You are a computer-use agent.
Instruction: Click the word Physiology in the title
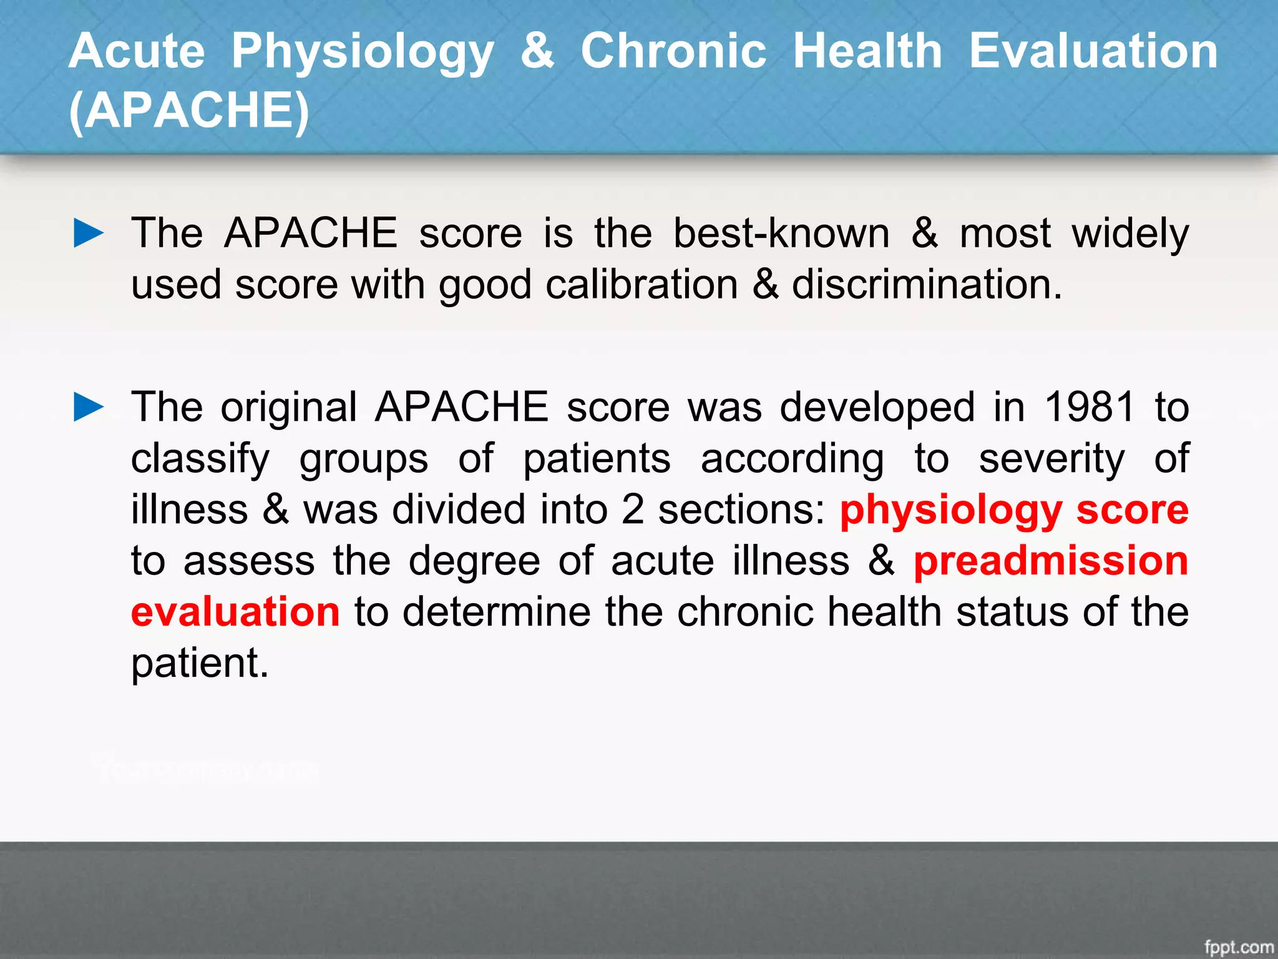pos(363,52)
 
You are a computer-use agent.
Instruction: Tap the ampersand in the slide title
pos(537,51)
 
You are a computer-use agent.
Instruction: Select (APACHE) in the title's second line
pos(189,111)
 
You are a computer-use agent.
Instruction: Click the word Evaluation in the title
pos(1093,51)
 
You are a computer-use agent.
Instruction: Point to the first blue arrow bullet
pos(89,233)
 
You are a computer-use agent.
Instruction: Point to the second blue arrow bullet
pos(89,407)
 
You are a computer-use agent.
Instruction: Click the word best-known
pos(781,234)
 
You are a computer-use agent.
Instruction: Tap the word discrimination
pos(926,285)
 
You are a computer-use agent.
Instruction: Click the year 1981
pos(1090,407)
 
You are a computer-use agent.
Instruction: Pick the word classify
pos(200,460)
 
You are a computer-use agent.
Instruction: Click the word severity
pos(1051,458)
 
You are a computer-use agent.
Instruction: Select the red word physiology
pos(950,511)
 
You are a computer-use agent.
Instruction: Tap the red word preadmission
pos(1051,561)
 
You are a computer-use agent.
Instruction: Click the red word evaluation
pos(235,611)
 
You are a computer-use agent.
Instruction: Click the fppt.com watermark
pos(1239,947)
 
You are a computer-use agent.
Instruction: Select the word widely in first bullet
pos(1130,234)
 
